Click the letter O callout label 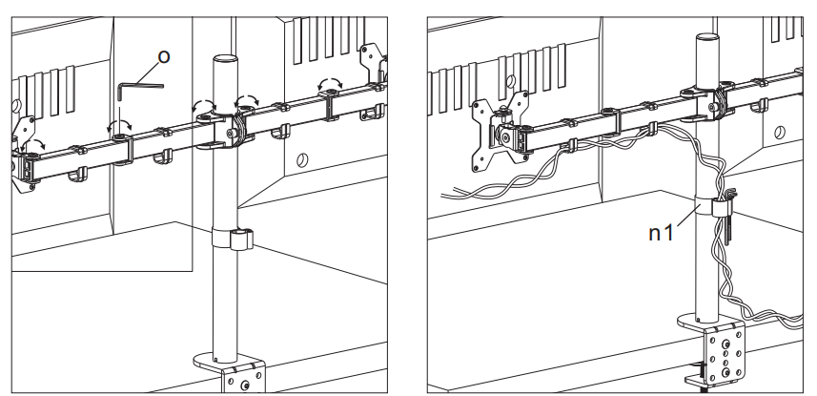[x=163, y=58]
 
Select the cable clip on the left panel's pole [x=234, y=238]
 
